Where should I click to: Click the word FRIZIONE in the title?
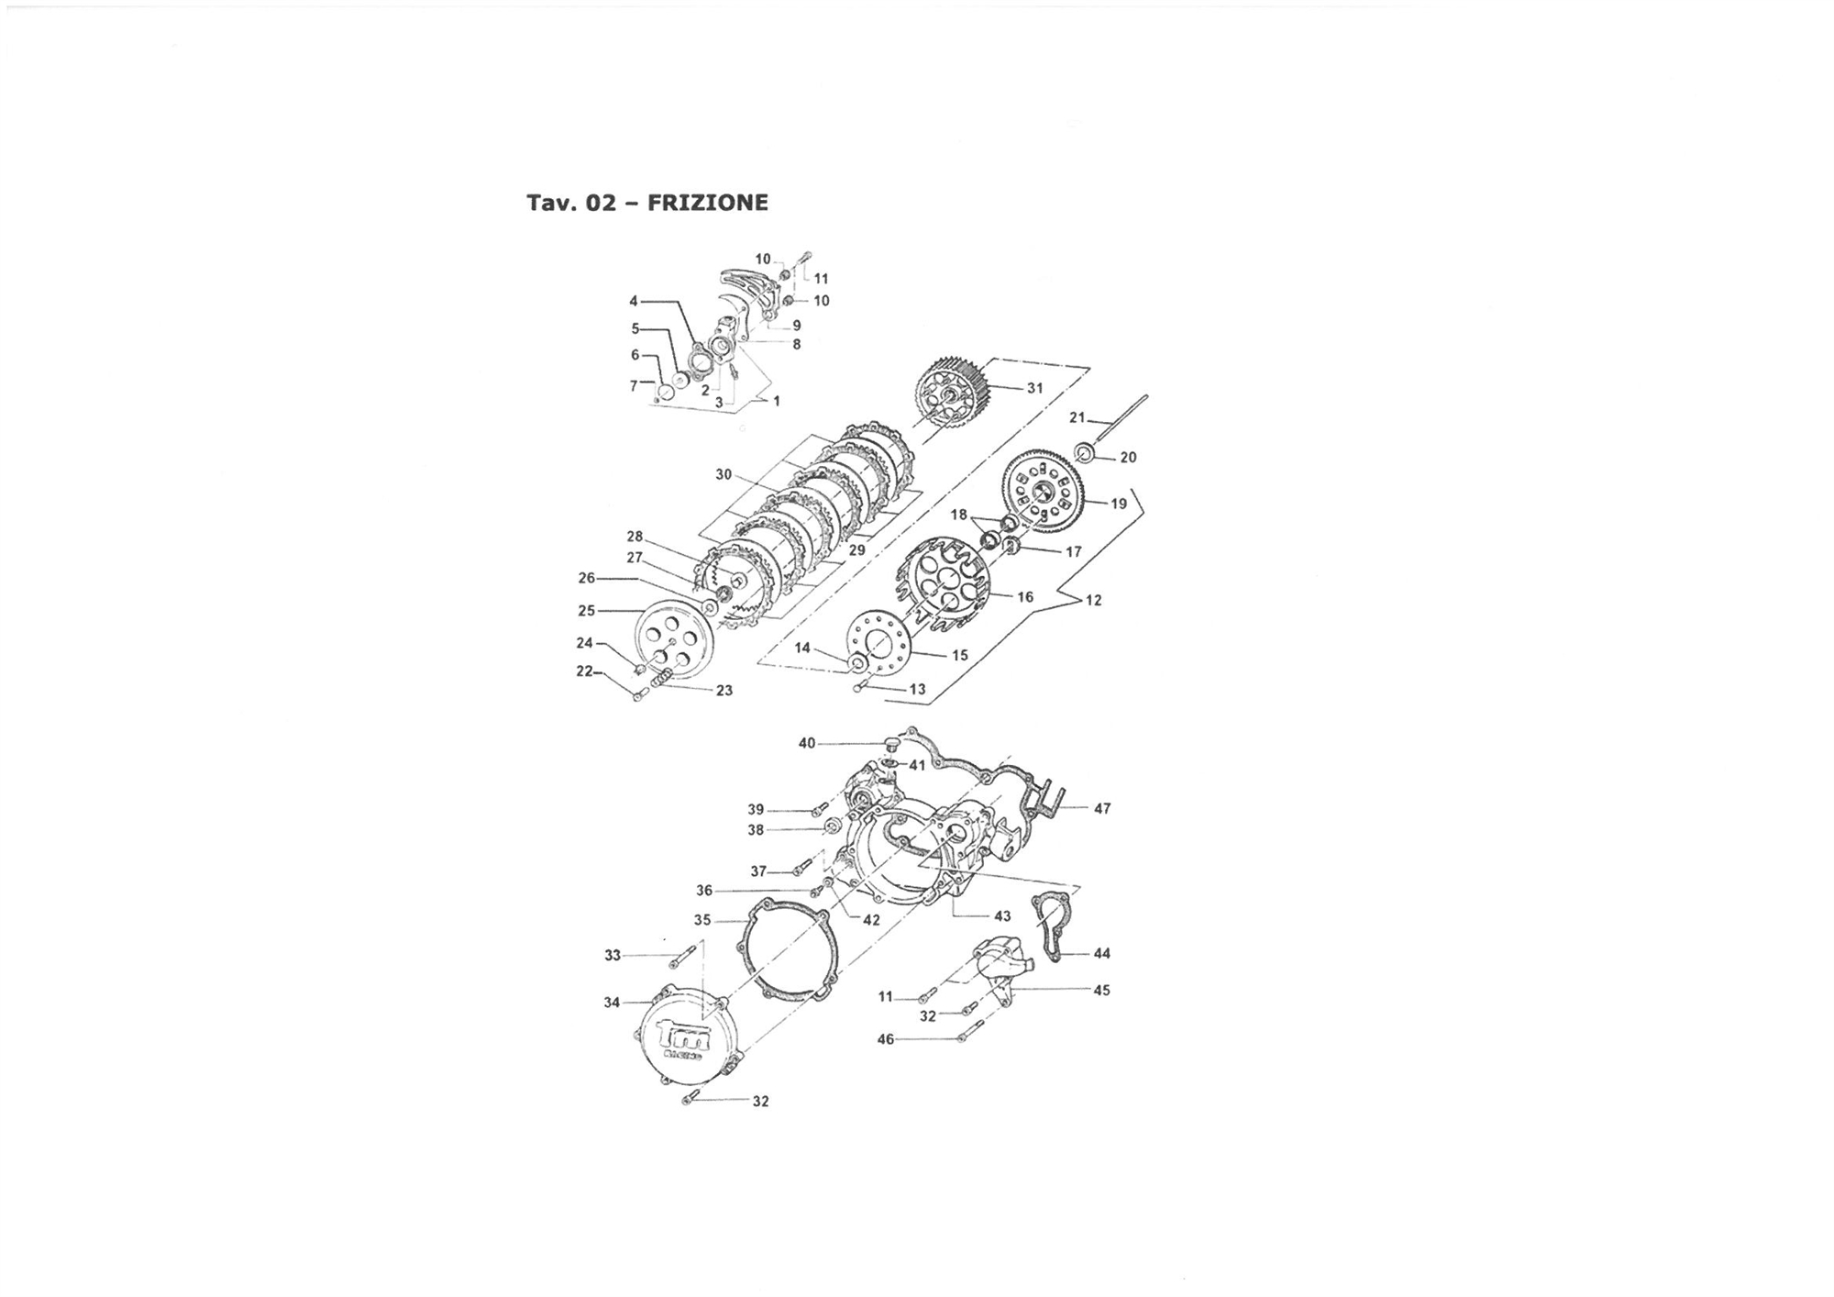(707, 203)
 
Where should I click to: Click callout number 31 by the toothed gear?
(1035, 388)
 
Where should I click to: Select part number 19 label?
(1119, 504)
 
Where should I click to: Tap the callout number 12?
(1093, 600)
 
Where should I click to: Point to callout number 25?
(586, 610)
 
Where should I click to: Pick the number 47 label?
(1102, 808)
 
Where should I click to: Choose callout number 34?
(612, 1003)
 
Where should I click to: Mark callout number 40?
(807, 743)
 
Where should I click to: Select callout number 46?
(886, 1039)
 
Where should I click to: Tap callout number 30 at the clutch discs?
(724, 474)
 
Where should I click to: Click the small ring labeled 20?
(1086, 451)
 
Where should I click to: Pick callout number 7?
(633, 386)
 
